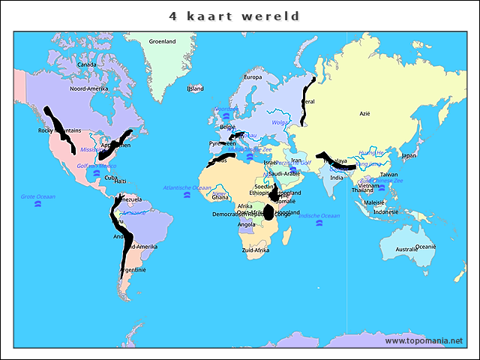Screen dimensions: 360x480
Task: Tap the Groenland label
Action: [x=162, y=41]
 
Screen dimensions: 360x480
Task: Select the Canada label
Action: [x=87, y=64]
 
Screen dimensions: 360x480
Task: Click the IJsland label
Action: [x=195, y=88]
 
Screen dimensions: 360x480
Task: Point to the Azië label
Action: [x=365, y=113]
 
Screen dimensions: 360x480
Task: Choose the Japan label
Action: [x=409, y=156]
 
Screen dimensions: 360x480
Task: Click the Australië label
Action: [x=408, y=249]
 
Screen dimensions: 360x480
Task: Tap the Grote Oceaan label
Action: [x=38, y=196]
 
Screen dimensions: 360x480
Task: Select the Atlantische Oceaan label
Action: [x=187, y=187]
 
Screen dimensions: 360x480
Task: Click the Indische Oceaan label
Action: [x=319, y=216]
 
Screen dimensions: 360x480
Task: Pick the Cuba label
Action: [x=111, y=178]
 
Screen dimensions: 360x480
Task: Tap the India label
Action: [x=337, y=178]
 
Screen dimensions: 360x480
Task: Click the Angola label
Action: [x=246, y=224]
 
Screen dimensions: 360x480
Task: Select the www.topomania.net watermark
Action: [x=424, y=340]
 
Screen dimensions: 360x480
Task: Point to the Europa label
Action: [x=253, y=77]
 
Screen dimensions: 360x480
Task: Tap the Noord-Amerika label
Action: [x=89, y=88]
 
